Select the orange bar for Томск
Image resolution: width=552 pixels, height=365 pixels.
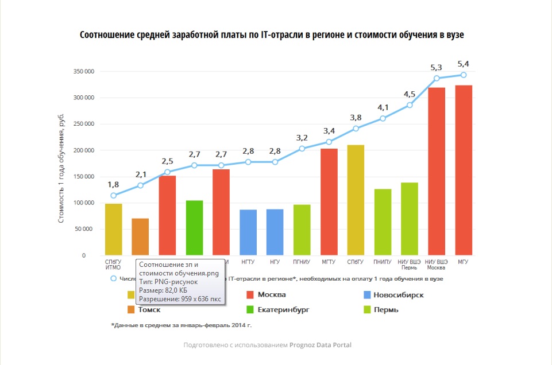140,237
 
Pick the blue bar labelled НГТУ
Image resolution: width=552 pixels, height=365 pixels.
248,232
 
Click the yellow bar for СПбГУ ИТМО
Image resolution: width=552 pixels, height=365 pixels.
113,230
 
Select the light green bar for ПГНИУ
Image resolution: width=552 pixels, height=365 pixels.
302,230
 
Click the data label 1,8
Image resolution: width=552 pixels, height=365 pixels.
113,184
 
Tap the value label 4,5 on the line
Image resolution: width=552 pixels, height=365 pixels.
410,94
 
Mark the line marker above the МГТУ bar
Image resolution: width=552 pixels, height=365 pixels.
329,142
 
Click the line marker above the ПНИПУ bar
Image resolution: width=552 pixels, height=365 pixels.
383,118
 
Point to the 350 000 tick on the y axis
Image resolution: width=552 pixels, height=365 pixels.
83,72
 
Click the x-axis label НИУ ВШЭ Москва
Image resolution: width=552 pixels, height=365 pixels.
437,265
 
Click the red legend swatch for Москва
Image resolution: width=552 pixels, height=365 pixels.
250,295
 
